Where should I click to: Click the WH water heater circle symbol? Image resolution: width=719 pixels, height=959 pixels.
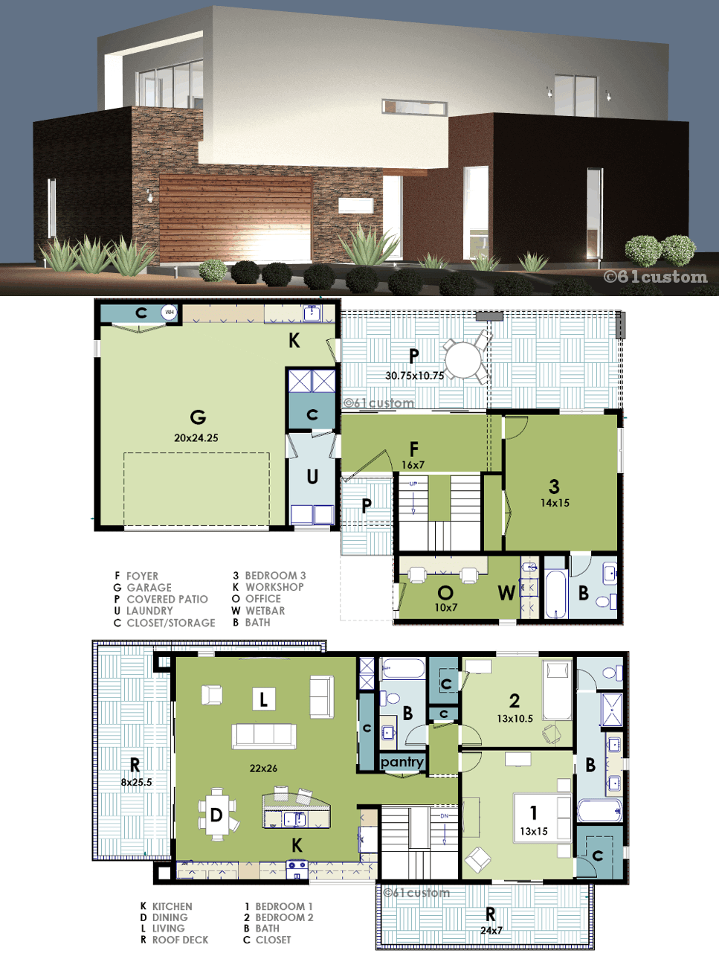pos(169,312)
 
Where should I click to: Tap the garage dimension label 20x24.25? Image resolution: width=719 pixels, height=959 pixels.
pos(196,437)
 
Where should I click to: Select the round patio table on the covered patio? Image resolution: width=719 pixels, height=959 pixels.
pos(462,360)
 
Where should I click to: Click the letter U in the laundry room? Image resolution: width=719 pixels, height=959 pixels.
pos(312,477)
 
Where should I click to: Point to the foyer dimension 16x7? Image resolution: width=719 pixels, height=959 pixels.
pos(413,465)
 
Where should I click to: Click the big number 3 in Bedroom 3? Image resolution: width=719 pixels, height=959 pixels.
pos(554,487)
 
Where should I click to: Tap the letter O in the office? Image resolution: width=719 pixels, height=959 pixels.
pos(445,592)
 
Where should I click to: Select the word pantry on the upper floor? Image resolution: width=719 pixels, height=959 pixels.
pos(402,762)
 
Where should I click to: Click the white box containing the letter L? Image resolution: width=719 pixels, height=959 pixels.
pos(264,699)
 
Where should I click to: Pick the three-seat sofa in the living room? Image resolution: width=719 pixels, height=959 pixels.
pos(264,737)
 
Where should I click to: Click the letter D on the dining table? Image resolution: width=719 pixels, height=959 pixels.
pos(216,815)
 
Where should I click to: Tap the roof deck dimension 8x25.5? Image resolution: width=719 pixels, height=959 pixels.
pos(136,782)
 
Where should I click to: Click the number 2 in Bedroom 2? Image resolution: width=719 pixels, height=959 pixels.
pos(515,701)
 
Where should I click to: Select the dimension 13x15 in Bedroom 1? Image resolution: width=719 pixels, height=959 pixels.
pos(533,831)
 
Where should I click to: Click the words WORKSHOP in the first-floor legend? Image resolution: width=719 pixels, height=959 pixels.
pos(274,587)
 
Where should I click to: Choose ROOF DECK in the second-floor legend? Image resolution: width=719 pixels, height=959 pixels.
pos(180,940)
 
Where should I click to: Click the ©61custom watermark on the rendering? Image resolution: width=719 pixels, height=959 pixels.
pos(655,277)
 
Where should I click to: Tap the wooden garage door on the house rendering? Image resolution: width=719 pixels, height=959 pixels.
pos(236,219)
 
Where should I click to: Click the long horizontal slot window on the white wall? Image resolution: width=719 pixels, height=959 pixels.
pos(415,107)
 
